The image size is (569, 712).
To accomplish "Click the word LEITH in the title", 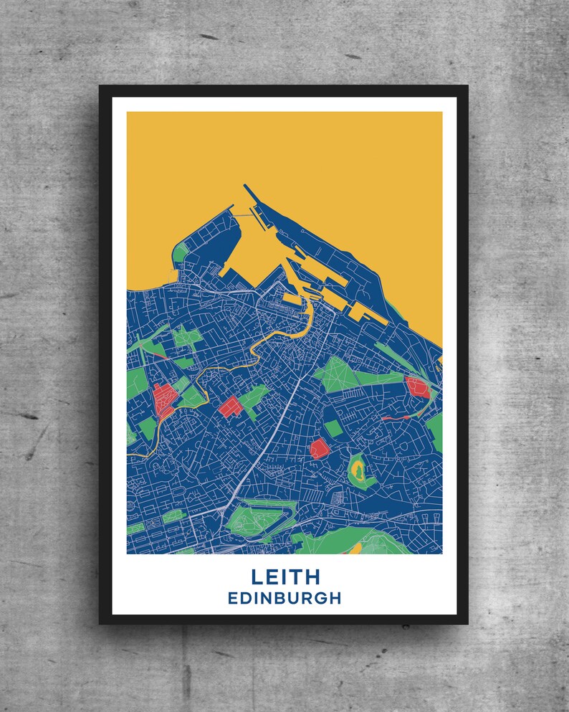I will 285,577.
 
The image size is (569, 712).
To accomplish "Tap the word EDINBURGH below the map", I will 284,598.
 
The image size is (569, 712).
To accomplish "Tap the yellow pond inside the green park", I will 358,470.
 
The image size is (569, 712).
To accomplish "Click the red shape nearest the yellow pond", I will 318,450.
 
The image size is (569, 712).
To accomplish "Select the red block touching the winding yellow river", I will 164,399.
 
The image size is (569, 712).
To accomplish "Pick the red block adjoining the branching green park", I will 231,407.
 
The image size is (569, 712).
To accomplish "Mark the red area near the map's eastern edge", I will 417,387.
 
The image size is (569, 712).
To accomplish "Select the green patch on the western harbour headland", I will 181,253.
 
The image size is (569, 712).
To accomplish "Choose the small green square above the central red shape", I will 333,429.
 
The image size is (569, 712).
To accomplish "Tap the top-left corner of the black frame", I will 101,87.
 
